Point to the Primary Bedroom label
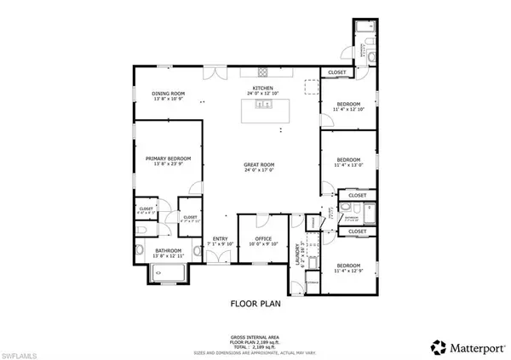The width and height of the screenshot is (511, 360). point(168,158)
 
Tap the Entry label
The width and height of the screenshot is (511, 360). point(220,239)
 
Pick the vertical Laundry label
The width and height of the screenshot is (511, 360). point(299,252)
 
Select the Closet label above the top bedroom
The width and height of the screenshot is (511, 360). point(336,73)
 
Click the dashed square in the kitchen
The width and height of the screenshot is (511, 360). point(311,87)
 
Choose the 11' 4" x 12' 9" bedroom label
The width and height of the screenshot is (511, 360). point(348,267)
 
